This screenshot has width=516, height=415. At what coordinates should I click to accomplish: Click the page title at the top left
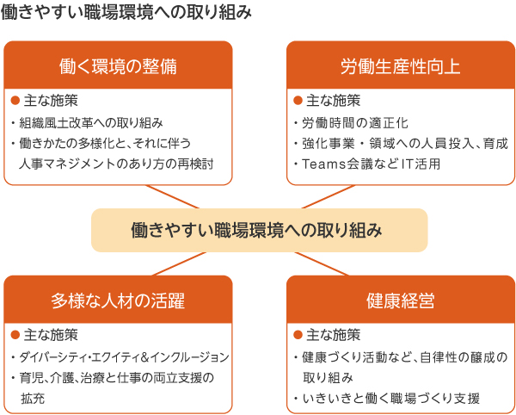(126, 13)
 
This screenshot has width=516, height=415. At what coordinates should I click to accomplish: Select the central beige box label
(256, 230)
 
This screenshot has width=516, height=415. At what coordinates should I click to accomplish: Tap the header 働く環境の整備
(118, 66)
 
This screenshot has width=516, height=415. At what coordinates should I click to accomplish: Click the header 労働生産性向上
(401, 66)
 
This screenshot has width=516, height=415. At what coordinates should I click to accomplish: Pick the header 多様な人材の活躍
(118, 300)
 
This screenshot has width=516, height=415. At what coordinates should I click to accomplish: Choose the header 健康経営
(401, 300)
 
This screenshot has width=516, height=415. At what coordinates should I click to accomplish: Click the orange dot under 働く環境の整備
(15, 101)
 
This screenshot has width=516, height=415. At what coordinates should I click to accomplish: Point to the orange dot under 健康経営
(298, 335)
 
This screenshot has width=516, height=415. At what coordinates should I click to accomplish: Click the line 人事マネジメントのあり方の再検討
(116, 164)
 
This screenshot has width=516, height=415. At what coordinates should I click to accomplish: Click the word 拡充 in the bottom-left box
(33, 398)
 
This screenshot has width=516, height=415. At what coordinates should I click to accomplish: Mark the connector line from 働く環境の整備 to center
(173, 196)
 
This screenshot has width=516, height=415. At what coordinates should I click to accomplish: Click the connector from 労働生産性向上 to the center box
(329, 196)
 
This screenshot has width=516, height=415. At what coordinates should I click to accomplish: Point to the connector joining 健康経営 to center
(322, 263)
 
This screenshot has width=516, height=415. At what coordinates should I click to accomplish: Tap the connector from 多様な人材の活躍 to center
(180, 263)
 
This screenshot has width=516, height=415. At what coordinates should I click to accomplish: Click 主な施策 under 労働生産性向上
(334, 101)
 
